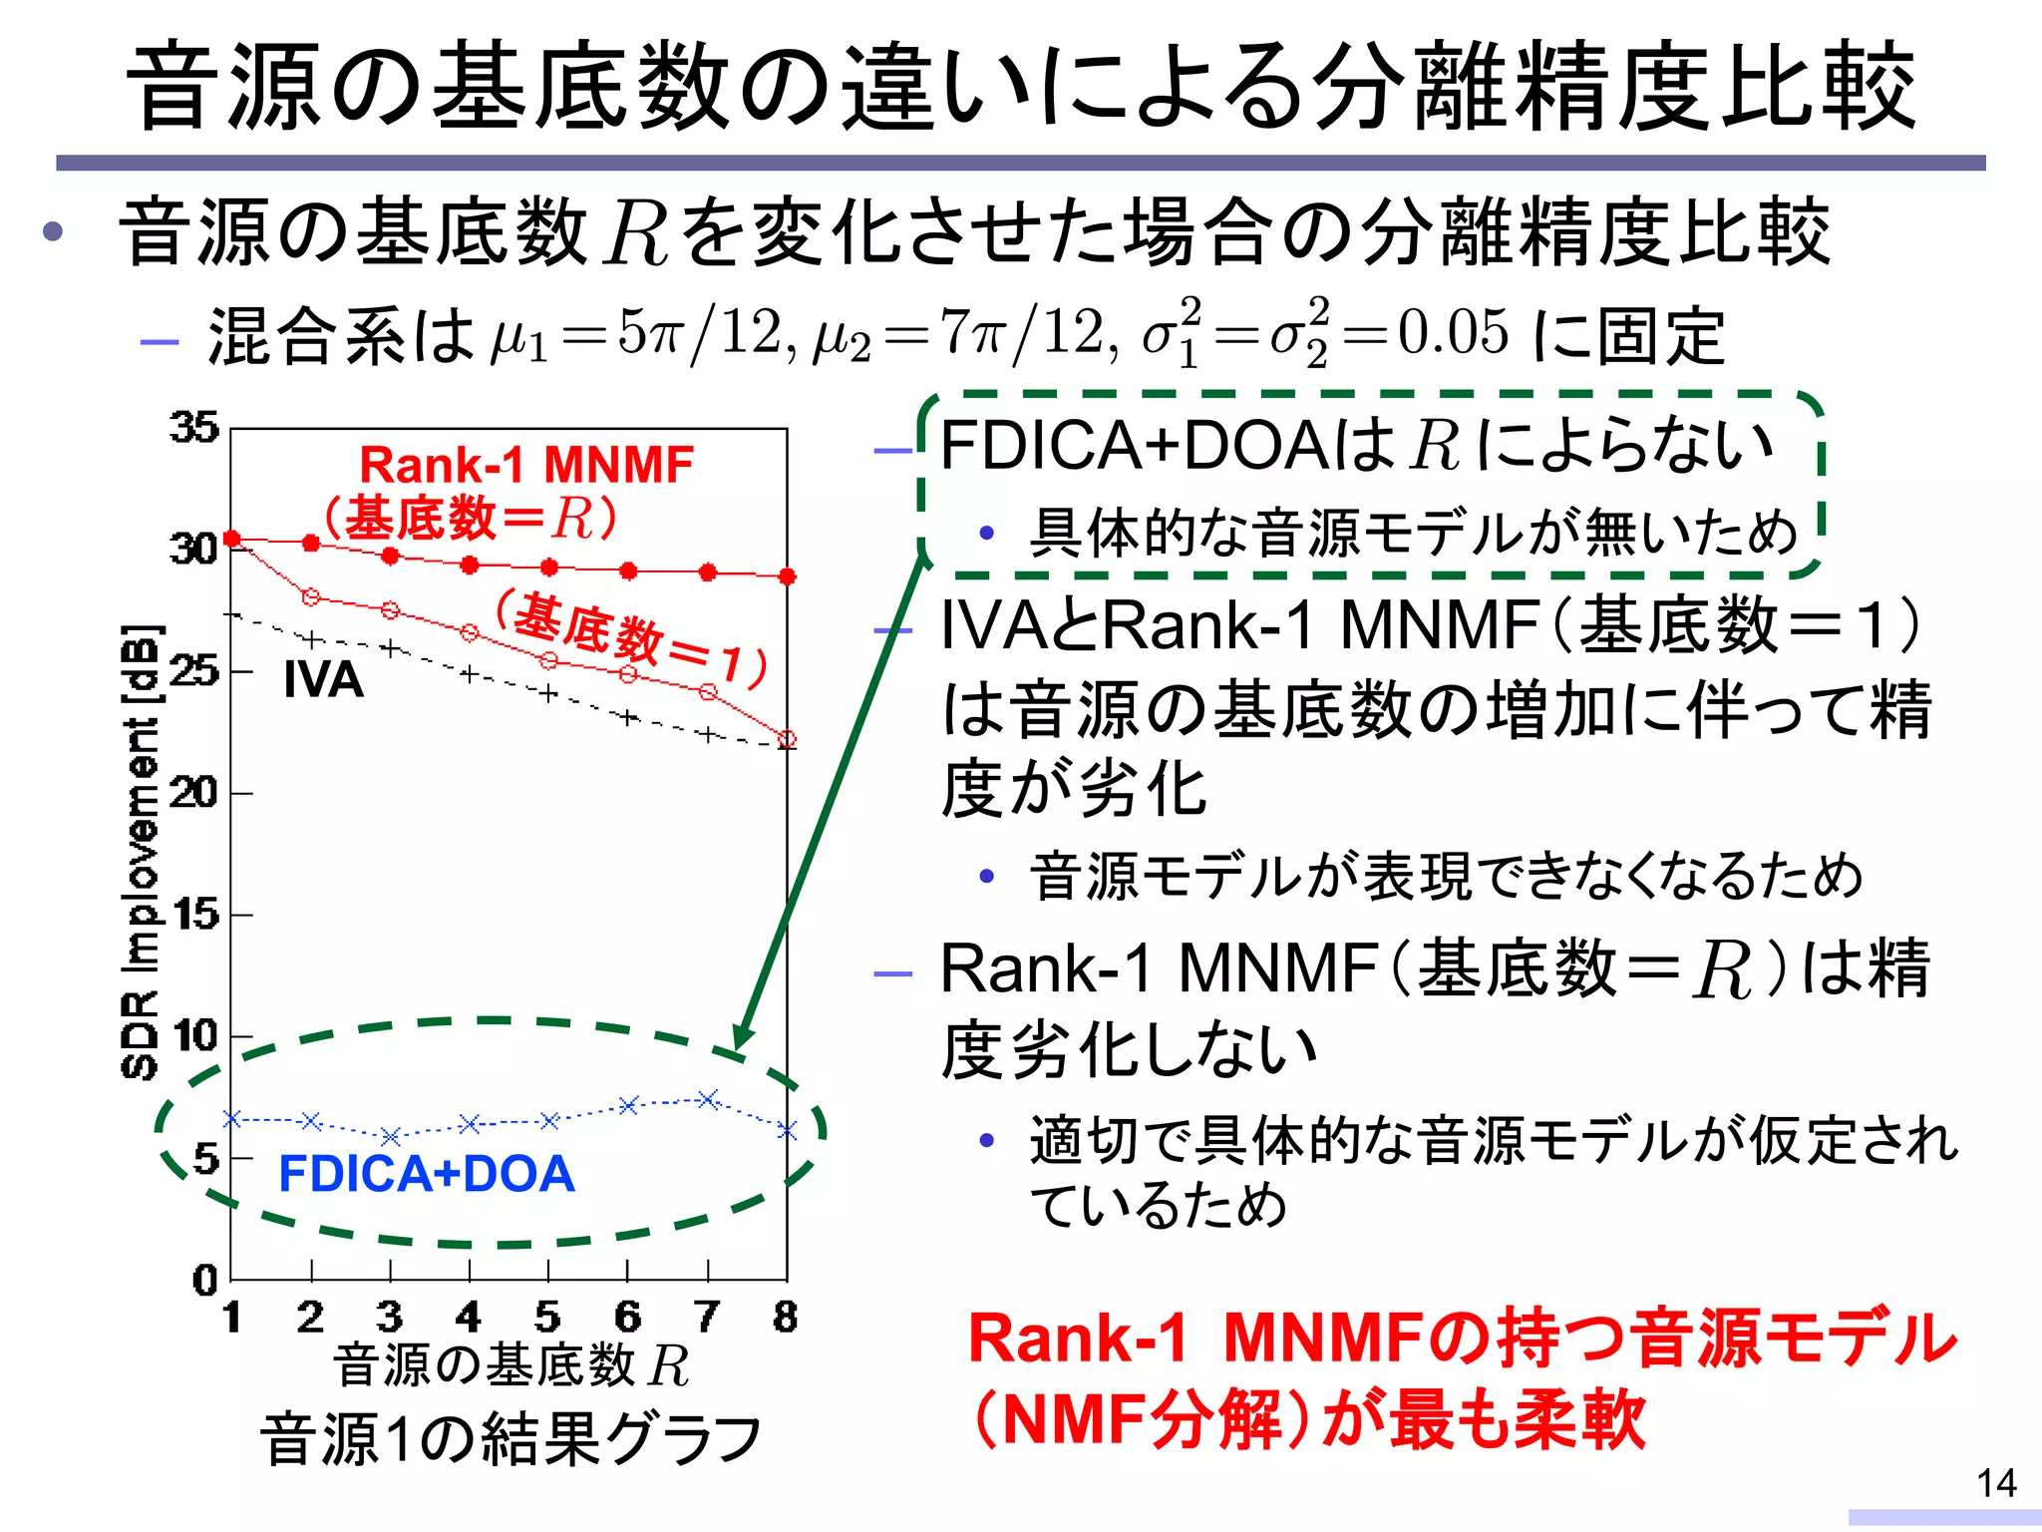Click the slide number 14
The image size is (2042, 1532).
click(1996, 1483)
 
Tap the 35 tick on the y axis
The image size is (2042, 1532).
click(193, 428)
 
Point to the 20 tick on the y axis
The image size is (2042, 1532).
click(193, 794)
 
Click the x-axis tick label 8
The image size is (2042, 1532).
click(786, 1318)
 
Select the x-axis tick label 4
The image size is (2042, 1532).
click(468, 1318)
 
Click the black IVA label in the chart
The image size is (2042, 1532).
click(323, 680)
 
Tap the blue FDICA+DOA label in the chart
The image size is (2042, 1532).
click(427, 1174)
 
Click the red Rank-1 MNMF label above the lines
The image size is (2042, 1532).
click(526, 465)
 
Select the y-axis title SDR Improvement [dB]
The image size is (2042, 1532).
click(141, 853)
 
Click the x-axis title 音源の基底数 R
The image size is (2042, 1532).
click(510, 1365)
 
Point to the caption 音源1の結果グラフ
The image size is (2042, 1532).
click(510, 1439)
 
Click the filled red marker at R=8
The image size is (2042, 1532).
click(787, 576)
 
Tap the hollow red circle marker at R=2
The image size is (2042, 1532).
click(311, 597)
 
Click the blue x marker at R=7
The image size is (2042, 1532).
click(708, 1099)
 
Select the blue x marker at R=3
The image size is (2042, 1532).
click(391, 1136)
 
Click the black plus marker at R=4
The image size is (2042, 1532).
click(470, 675)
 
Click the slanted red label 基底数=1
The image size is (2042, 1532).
click(632, 639)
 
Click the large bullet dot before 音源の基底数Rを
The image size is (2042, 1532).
click(53, 232)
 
